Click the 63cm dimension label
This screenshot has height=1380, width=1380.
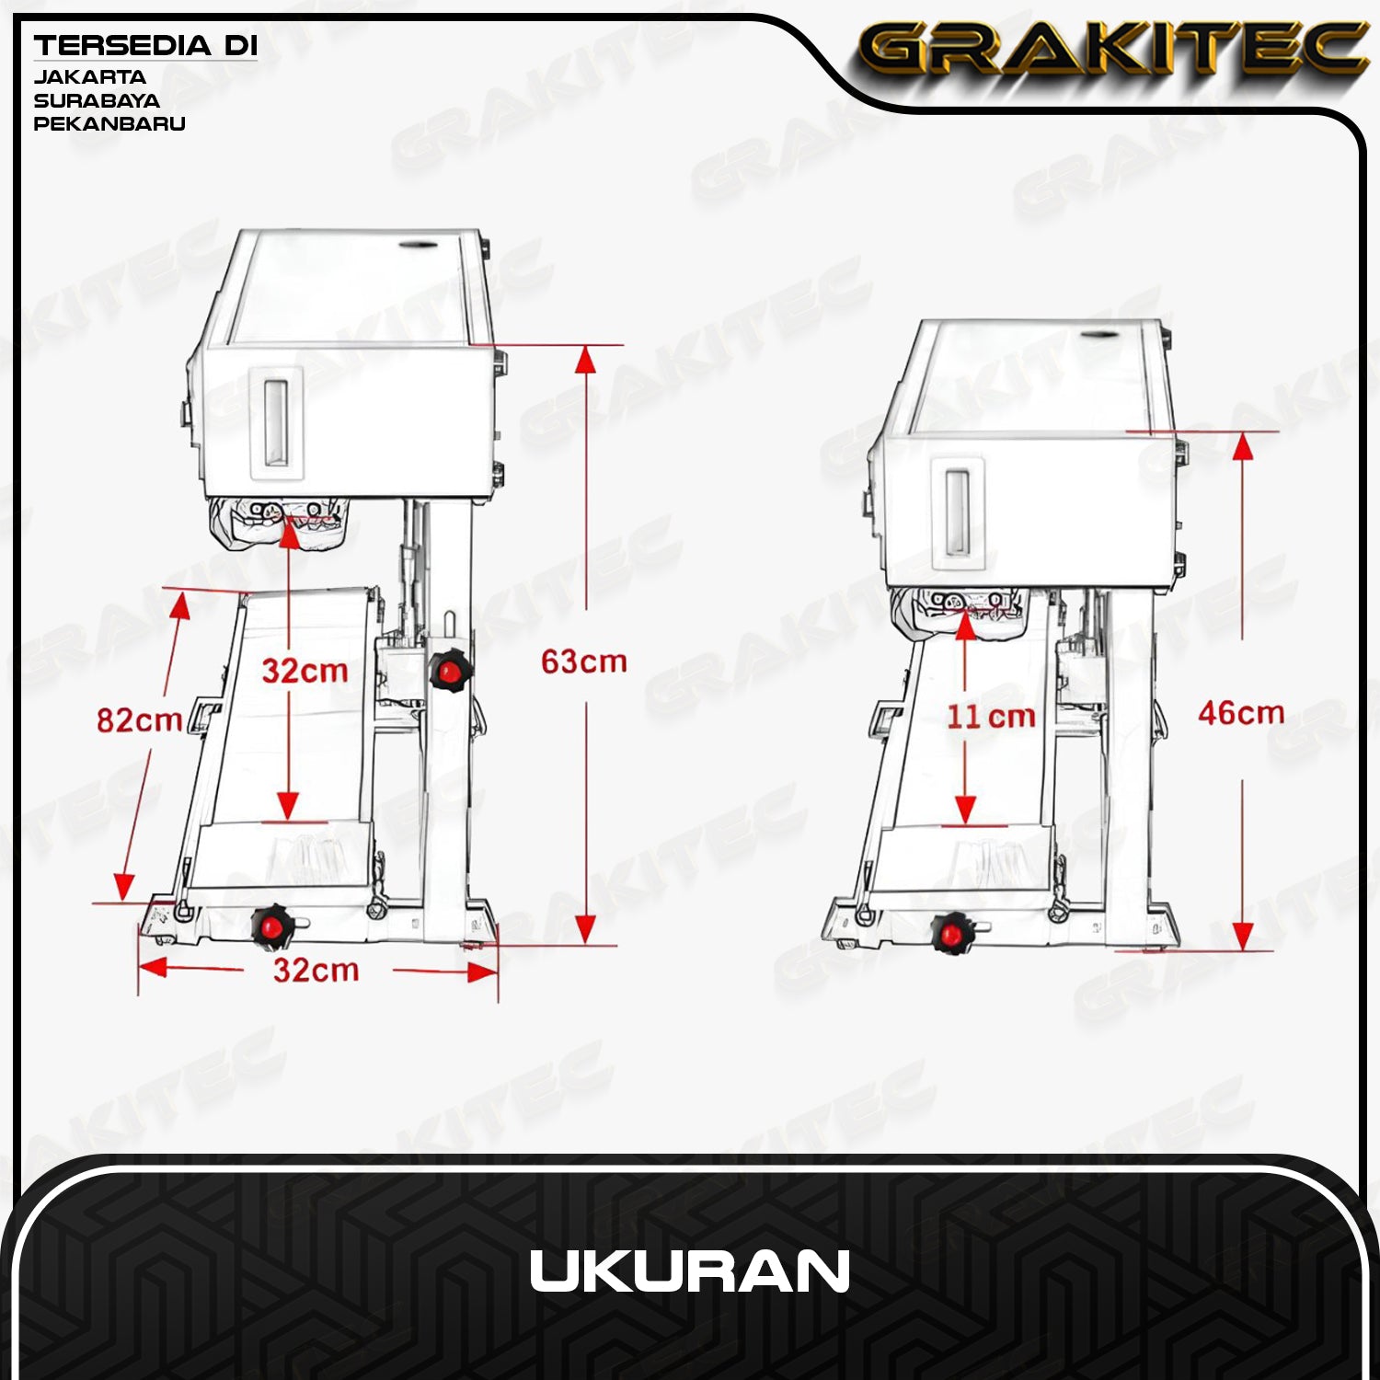coord(583,661)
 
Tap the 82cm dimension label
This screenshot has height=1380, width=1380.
coord(139,719)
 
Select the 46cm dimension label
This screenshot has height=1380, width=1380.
coord(1240,713)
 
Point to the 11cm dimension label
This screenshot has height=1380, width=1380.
coord(991,717)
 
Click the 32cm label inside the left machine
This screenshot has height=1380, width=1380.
coord(305,671)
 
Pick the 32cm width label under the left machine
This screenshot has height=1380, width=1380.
coord(316,970)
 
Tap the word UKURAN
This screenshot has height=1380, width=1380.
coord(689,1272)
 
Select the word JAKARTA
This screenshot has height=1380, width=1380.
coord(89,77)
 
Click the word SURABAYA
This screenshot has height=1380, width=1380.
coord(97,100)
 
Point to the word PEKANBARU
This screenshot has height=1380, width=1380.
coord(109,123)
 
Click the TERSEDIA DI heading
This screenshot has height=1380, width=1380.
coord(145,46)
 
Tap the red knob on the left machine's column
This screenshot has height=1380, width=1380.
coord(450,671)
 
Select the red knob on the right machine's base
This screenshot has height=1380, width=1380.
coord(951,934)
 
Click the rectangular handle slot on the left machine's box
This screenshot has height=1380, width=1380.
coord(277,421)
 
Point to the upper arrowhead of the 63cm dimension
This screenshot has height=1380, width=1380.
coord(585,360)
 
